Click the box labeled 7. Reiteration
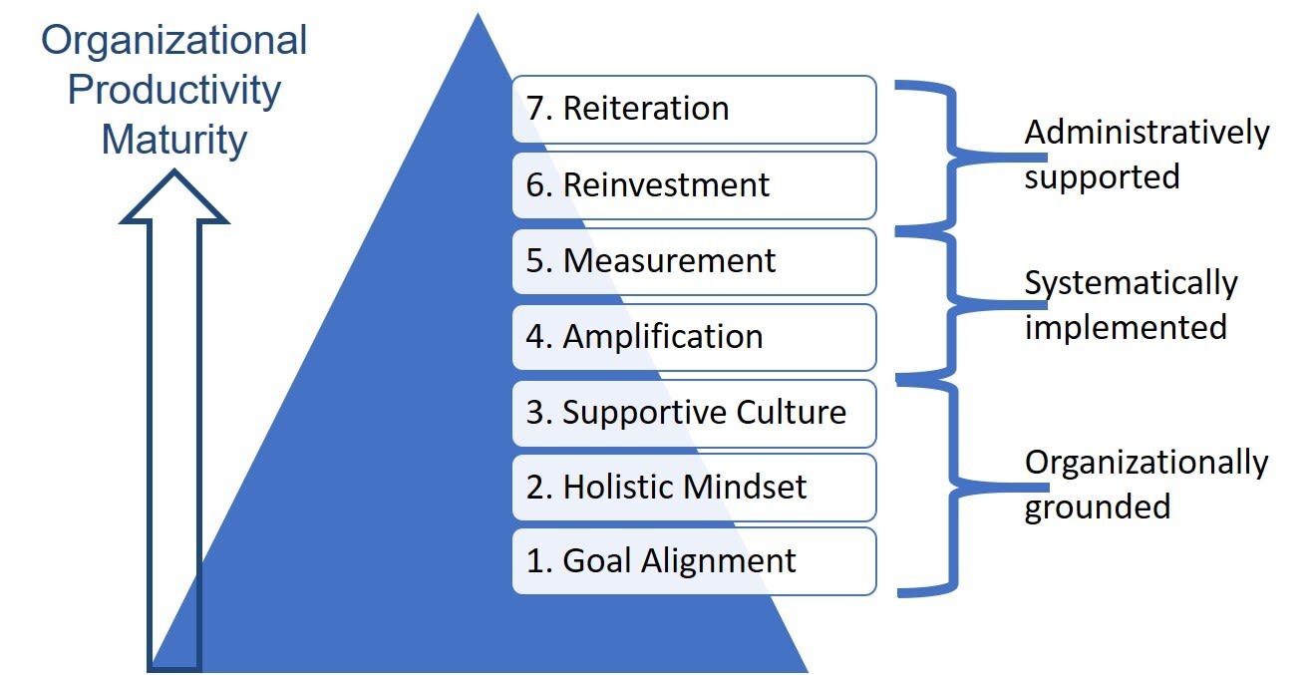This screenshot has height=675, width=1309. coord(694,110)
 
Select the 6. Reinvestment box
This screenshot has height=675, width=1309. coord(694,185)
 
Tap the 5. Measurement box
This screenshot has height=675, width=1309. coord(694,261)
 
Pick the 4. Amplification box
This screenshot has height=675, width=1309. coord(694,337)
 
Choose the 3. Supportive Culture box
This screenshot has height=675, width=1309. coord(694,413)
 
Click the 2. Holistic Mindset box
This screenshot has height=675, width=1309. coord(694,488)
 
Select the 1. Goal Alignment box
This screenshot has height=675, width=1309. coord(694,561)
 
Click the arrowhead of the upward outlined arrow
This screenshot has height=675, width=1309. coord(174,199)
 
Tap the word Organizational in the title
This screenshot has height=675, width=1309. coord(174,42)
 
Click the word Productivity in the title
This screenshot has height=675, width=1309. coord(174,91)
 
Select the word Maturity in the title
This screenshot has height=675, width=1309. coord(174,140)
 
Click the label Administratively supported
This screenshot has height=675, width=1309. coord(1146,155)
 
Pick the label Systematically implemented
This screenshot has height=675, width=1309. coord(1131,305)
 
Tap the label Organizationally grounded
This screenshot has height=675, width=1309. coord(1146,485)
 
